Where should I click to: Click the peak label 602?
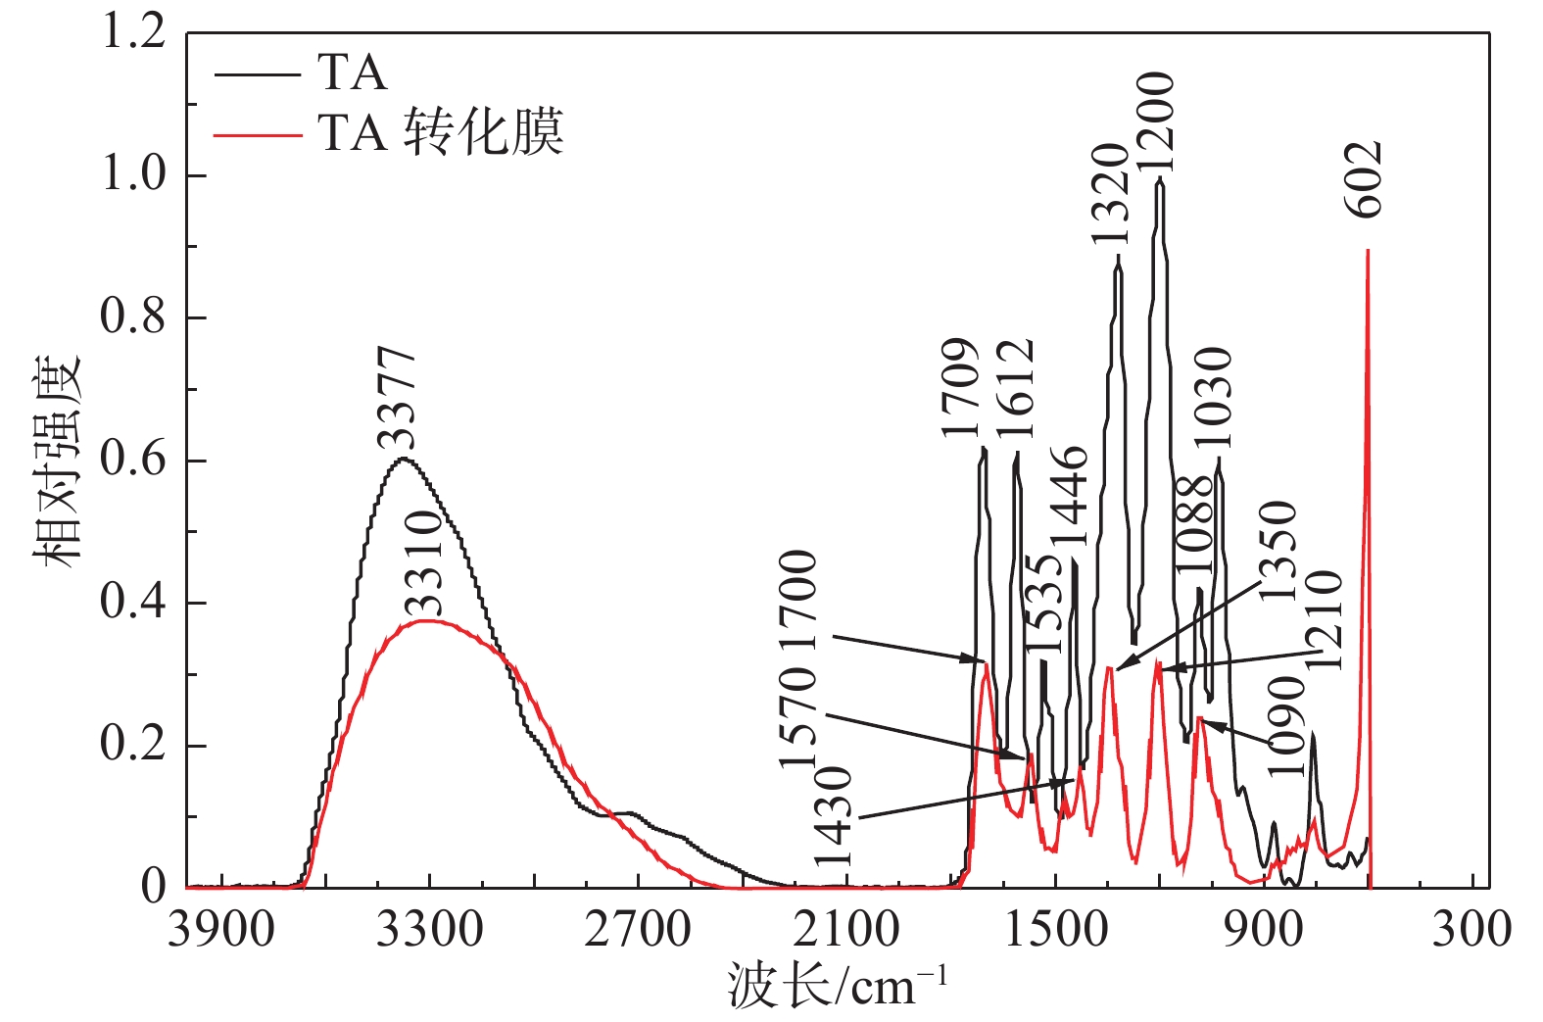click(1365, 179)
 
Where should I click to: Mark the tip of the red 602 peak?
click(1368, 251)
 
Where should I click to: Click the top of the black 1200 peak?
click(1160, 179)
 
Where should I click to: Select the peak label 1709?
click(962, 389)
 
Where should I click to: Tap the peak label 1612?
click(1015, 389)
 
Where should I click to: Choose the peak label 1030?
click(1213, 397)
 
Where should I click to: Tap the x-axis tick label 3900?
click(221, 928)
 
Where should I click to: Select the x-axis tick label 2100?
click(846, 928)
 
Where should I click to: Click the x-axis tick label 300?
click(1471, 928)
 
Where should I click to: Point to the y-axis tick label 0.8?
click(133, 317)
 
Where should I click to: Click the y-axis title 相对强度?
click(57, 461)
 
